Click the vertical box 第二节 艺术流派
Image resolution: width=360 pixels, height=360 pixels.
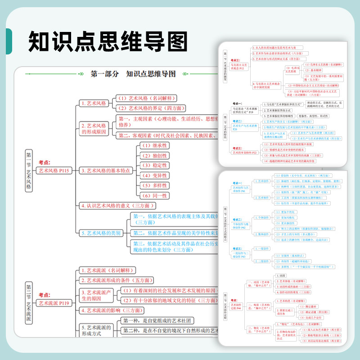click(x=28, y=302)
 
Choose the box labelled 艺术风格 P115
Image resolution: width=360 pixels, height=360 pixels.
click(x=54, y=171)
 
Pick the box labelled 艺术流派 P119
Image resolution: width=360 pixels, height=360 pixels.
click(x=54, y=302)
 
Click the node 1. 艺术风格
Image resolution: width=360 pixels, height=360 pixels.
click(x=94, y=103)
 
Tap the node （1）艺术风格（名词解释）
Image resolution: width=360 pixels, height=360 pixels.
click(x=146, y=98)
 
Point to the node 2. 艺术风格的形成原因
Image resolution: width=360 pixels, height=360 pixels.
click(x=94, y=129)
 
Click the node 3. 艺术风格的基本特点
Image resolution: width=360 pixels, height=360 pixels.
click(x=106, y=171)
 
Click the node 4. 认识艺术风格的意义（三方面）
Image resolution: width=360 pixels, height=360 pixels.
click(x=117, y=206)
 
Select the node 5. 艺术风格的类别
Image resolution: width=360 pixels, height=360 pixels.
click(x=101, y=233)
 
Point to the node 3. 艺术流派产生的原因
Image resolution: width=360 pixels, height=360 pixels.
click(x=96, y=295)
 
